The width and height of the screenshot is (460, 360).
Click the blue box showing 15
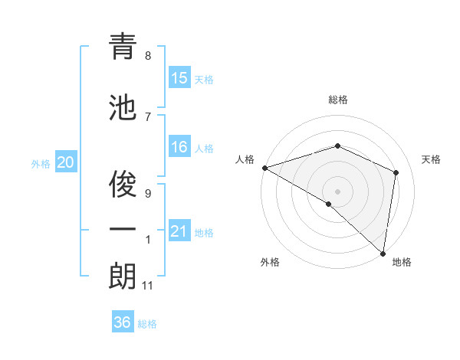[x=179, y=78]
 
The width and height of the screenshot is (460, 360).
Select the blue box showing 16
[x=179, y=147]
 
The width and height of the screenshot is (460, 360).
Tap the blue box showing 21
[x=179, y=231]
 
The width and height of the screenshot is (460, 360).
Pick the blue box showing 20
[x=66, y=162]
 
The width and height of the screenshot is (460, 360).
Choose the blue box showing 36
[x=123, y=322]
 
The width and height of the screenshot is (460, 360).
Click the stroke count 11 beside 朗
[x=148, y=286]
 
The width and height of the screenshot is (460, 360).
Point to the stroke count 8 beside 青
[x=148, y=56]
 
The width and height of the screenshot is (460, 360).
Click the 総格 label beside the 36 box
[x=147, y=324]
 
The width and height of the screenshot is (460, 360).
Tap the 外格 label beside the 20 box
[x=41, y=163]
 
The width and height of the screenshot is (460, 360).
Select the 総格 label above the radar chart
[x=337, y=100]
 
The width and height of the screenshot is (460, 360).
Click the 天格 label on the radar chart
[x=431, y=159]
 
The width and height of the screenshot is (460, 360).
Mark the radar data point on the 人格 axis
[x=264, y=168]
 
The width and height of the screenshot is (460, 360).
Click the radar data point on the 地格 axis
[x=383, y=253]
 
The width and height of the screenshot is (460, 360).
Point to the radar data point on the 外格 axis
[x=329, y=204]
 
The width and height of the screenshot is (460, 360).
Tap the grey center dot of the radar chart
[x=337, y=190]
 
